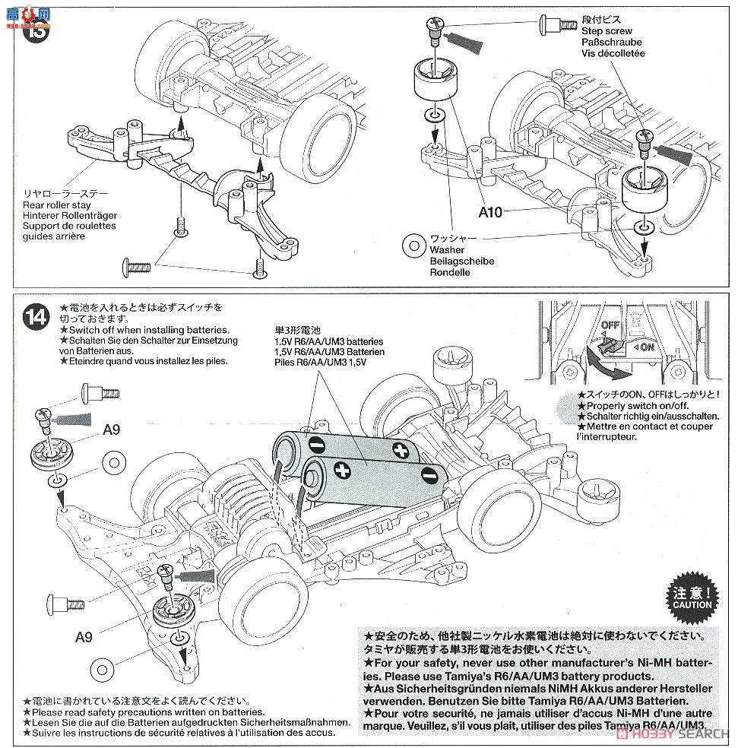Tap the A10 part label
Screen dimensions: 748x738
click(x=490, y=212)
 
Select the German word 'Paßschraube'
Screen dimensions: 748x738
click(x=612, y=43)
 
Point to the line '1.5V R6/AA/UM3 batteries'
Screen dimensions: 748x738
click(x=329, y=342)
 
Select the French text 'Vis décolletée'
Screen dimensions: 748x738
click(x=613, y=54)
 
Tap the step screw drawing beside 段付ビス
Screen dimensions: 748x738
click(x=556, y=22)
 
